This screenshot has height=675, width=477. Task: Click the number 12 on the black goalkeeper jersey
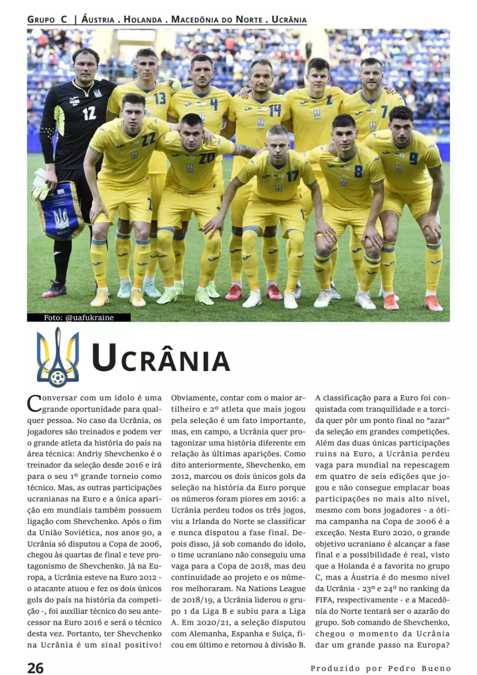click(x=89, y=113)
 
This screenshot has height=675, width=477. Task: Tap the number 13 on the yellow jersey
click(x=159, y=98)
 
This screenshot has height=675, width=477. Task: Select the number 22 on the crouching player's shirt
click(x=149, y=139)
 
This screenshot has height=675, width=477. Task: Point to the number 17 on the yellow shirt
click(x=292, y=176)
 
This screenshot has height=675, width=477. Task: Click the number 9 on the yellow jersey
click(x=413, y=159)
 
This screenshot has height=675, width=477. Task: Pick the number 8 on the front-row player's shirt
click(x=358, y=171)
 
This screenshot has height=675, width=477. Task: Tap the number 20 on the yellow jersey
click(x=206, y=159)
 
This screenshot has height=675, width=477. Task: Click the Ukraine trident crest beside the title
click(x=58, y=357)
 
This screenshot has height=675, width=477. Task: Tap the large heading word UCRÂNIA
click(x=161, y=358)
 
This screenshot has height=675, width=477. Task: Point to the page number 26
click(x=36, y=668)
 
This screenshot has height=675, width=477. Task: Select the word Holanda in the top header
click(x=143, y=20)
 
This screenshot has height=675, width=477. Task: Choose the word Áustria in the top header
click(x=98, y=20)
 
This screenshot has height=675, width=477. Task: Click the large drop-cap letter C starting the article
click(x=34, y=403)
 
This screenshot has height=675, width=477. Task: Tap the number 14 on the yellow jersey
click(x=275, y=110)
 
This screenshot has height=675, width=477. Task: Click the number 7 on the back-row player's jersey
click(x=384, y=112)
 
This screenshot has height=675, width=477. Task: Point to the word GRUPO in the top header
click(x=41, y=20)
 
